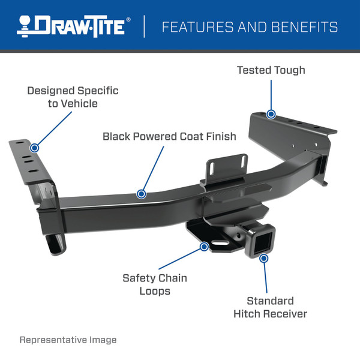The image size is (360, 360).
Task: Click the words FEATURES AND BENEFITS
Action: (250, 27)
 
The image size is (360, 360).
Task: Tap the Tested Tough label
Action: (271, 70)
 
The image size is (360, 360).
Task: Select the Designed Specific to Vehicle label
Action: (73, 97)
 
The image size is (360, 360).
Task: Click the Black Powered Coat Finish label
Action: (169, 136)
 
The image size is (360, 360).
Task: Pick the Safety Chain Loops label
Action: (155, 284)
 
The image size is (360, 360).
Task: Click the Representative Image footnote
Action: (68, 340)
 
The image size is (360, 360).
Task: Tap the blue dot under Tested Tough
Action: (271, 114)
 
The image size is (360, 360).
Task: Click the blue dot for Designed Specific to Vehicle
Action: (34, 147)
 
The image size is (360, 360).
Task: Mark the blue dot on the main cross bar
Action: (141, 194)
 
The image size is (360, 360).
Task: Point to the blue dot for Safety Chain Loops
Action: (204, 245)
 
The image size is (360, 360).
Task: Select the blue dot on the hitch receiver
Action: (263, 257)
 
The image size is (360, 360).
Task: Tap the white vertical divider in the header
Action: (144, 27)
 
